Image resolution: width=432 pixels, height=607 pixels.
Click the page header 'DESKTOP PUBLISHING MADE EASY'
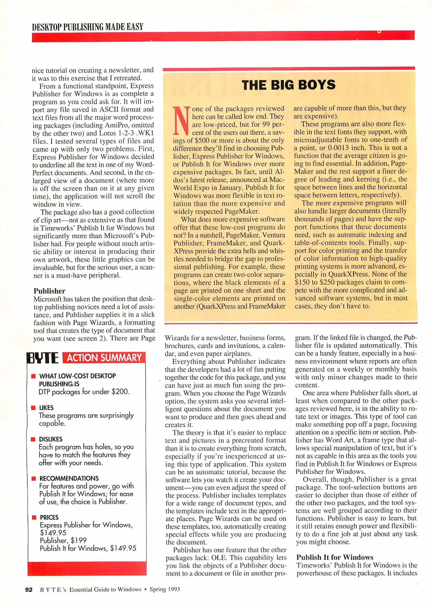(x=88, y=27)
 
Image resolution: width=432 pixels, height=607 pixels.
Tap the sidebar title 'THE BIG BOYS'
(x=288, y=85)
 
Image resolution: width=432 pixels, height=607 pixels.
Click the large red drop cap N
(x=181, y=121)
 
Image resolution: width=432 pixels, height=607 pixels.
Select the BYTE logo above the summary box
(x=43, y=358)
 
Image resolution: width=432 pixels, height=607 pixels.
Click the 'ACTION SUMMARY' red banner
(x=104, y=358)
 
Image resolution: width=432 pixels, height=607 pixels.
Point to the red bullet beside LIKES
(x=33, y=407)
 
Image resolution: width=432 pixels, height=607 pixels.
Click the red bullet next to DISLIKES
(x=33, y=439)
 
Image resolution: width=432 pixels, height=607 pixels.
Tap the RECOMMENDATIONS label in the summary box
(x=69, y=478)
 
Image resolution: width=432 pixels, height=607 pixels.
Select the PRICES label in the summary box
(x=49, y=517)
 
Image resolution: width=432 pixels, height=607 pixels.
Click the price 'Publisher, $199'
(x=63, y=540)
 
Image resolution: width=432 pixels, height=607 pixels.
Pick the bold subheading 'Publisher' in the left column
(x=49, y=291)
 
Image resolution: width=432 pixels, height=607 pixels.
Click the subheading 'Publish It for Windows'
(x=335, y=557)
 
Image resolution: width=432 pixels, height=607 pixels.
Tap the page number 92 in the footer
(x=29, y=590)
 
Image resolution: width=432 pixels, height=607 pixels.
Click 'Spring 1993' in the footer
(x=164, y=589)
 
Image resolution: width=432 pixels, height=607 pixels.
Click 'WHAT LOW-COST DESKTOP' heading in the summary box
(x=77, y=376)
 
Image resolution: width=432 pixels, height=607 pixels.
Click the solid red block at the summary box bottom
(x=87, y=569)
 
